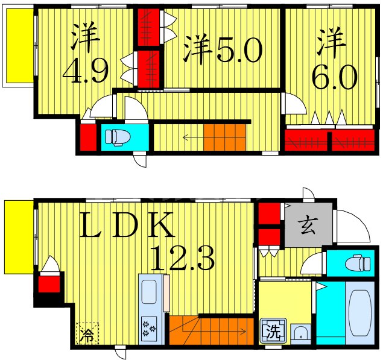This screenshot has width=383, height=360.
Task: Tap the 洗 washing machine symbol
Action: pos(273,330)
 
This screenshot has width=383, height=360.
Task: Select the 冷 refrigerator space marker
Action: pos(89,332)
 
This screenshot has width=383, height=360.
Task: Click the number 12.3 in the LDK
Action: pos(183,259)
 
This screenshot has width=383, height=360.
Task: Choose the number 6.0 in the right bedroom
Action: pos(335,77)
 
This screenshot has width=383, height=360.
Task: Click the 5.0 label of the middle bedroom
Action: pos(238,51)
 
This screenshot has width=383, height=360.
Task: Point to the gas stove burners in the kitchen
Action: pos(148,329)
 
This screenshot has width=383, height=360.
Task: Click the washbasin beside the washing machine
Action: pos(299,332)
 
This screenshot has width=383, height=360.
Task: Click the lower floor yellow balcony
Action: pos(18,237)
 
